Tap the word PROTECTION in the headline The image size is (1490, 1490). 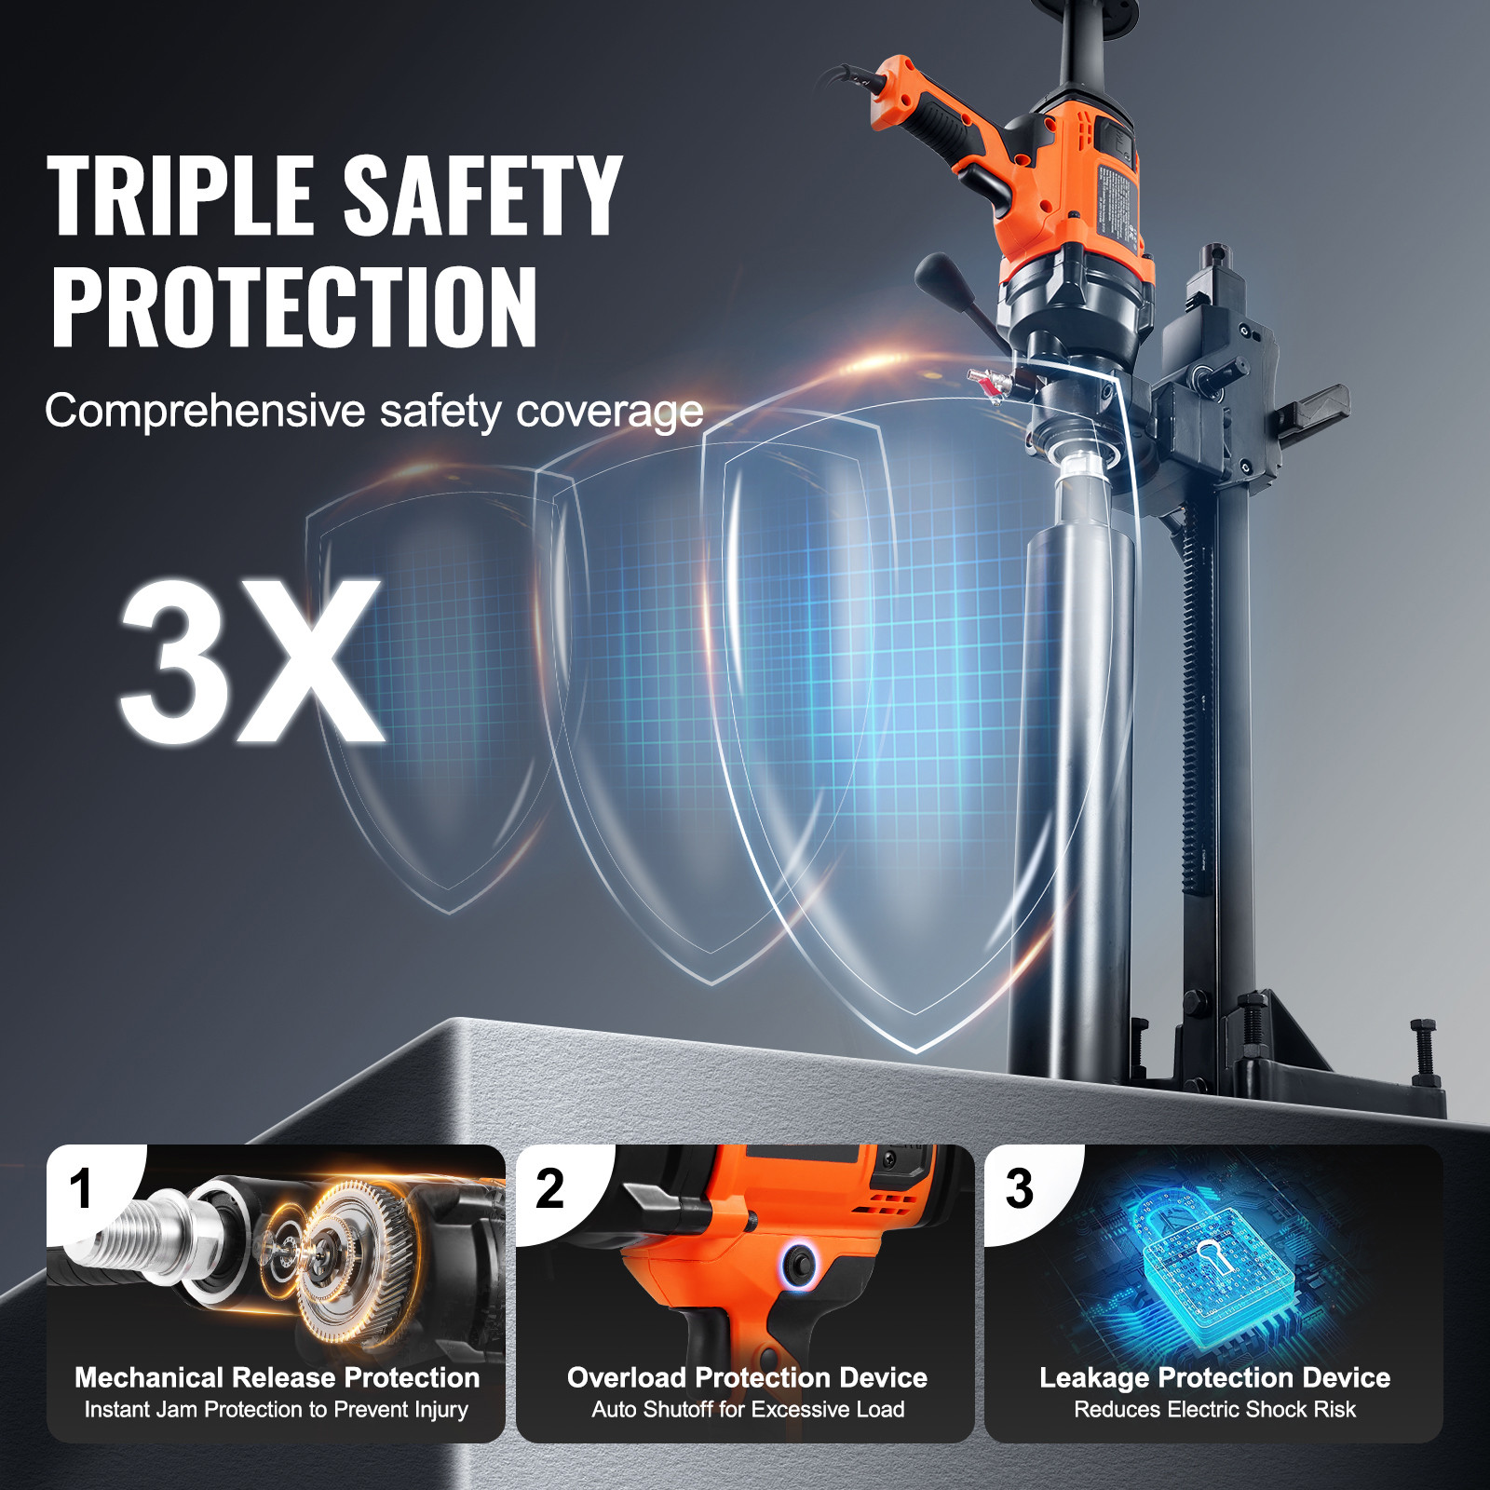[294, 307]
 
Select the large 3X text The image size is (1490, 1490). [251, 662]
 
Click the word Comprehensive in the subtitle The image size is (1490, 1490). [205, 411]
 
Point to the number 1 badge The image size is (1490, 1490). [82, 1189]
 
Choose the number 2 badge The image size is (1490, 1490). [550, 1189]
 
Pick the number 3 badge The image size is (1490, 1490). [1020, 1189]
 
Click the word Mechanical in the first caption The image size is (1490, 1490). [149, 1377]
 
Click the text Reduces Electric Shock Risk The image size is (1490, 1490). [1214, 1410]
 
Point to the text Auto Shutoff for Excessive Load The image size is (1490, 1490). [748, 1410]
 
